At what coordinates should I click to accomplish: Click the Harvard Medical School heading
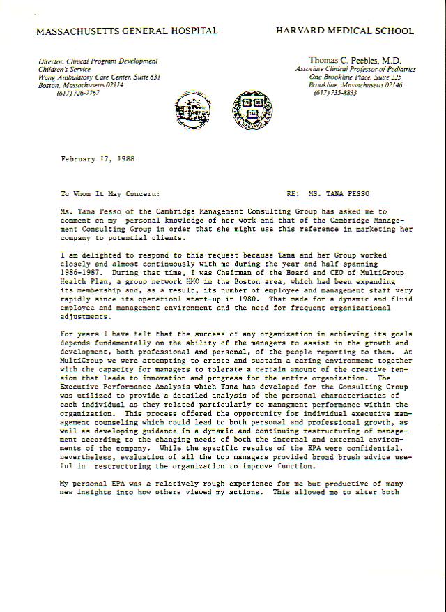click(344, 31)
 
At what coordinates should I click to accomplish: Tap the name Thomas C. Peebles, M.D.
click(355, 61)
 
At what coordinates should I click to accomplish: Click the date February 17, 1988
click(98, 158)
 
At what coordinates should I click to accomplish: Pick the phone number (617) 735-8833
click(335, 92)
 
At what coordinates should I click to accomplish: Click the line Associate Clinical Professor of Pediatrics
click(355, 70)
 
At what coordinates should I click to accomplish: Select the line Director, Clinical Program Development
click(98, 61)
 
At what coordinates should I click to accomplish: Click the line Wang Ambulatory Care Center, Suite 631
click(100, 77)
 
